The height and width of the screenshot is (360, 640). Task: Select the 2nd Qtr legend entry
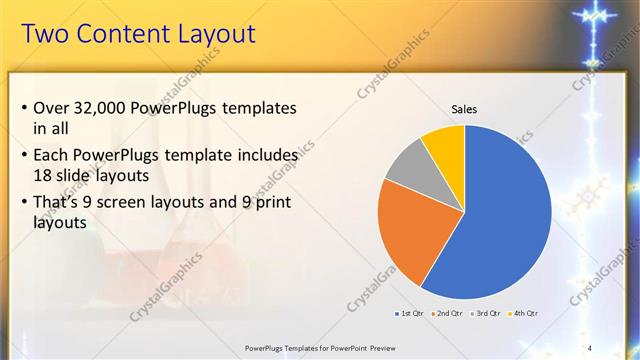click(447, 313)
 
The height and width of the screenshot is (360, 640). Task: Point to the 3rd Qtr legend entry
click(487, 313)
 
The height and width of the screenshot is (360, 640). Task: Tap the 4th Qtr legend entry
click(524, 313)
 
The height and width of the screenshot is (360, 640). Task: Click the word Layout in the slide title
click(209, 34)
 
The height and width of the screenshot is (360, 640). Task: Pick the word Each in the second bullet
click(52, 155)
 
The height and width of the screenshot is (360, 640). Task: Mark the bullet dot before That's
click(24, 203)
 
